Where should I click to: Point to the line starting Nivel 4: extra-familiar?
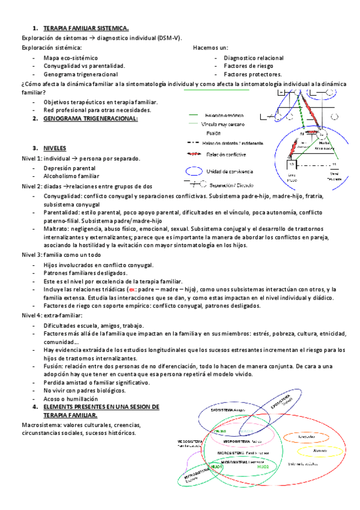click(52, 316)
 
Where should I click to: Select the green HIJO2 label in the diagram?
click(263, 467)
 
